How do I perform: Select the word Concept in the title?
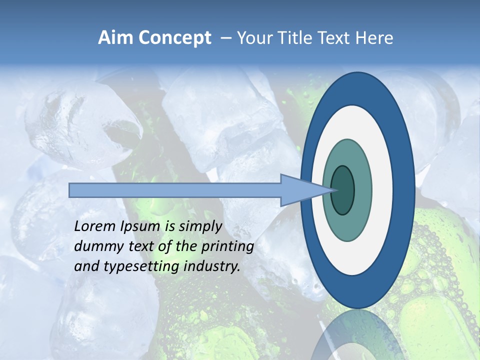coord(174,38)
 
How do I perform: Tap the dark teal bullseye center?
coord(342,190)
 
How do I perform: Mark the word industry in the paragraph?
coord(212,266)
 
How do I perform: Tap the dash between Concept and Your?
coord(225,38)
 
